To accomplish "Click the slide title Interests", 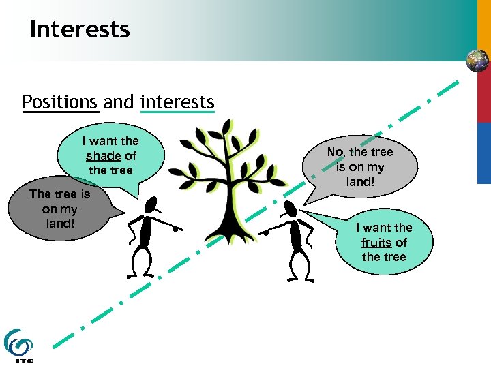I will [80, 29].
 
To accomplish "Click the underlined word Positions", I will [61, 102].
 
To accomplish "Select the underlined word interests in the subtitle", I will [177, 102].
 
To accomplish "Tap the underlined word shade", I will [103, 155].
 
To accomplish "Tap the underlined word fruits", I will [376, 243].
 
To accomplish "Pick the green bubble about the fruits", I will [383, 241].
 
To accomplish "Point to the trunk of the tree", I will [224, 204].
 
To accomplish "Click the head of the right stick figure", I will [291, 209].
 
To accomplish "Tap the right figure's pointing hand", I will [265, 232].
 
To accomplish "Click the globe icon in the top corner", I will [477, 61].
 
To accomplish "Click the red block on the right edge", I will [483, 99].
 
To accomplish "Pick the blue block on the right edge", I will [483, 153].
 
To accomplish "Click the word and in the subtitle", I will [119, 102].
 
